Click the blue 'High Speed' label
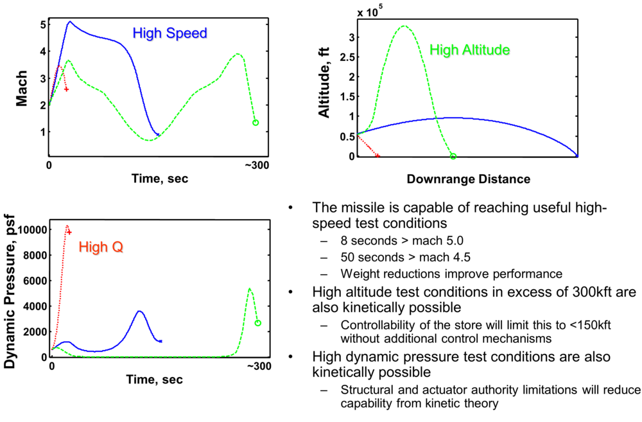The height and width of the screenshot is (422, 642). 169,33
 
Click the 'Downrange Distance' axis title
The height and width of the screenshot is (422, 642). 468,179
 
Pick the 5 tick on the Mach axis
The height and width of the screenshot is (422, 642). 42,24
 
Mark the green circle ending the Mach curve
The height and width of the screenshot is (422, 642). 256,122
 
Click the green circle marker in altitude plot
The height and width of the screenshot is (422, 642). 453,156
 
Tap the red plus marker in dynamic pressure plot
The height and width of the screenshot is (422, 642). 69,232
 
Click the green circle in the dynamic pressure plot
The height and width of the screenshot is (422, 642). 257,323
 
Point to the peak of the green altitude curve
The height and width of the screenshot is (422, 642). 404,26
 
